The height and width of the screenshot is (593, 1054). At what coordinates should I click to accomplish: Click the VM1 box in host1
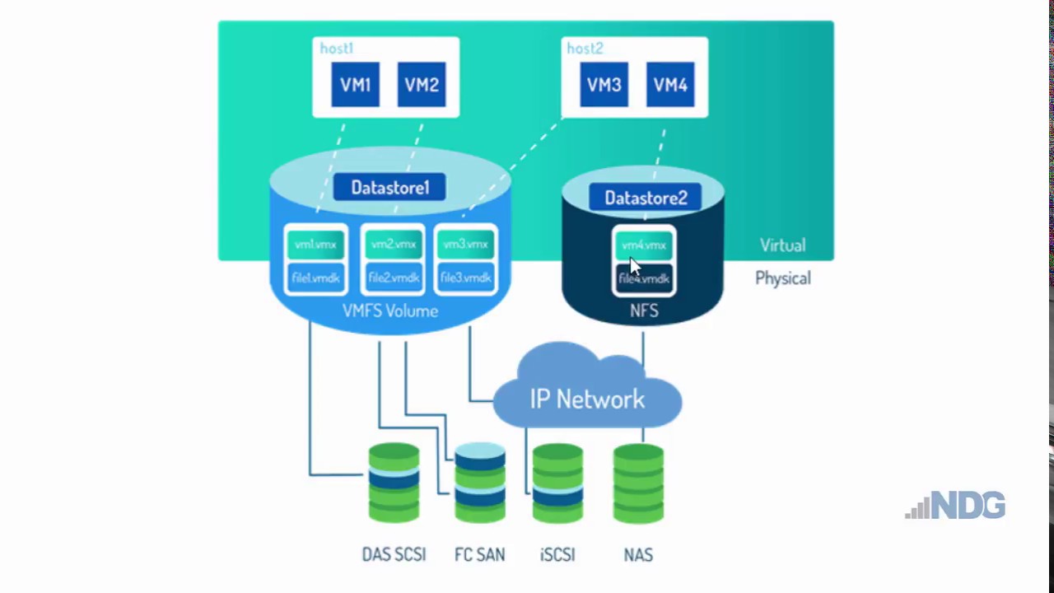coord(355,85)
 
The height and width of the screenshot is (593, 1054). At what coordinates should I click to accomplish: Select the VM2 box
coord(422,85)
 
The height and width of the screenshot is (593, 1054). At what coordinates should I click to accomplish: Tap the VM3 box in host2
coord(604,85)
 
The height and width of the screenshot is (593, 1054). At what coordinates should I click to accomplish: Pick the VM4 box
coord(670,85)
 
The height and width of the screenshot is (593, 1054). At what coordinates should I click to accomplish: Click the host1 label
coord(336,49)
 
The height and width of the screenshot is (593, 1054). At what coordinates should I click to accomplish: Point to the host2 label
coord(585,49)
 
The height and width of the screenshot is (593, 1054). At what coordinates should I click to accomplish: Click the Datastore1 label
coord(389,188)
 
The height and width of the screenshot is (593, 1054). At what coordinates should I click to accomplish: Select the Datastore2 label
coord(646,198)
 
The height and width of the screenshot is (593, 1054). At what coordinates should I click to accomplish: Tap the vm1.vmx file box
coord(315,245)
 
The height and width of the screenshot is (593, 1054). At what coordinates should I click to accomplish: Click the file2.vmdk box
coord(393,278)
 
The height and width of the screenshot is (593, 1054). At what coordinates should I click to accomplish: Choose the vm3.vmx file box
coord(465,245)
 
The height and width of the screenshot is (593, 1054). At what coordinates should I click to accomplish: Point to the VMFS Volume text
coord(390,311)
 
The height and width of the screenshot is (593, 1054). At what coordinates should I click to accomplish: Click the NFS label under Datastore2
coord(644,311)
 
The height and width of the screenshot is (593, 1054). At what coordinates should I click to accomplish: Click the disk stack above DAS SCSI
coord(394,483)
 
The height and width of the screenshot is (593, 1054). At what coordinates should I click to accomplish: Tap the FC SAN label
coord(479,555)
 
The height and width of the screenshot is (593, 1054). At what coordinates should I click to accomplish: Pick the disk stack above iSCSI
coord(557,483)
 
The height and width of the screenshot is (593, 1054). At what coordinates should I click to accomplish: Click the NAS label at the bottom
coord(638,555)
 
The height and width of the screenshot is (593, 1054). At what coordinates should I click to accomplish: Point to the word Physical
coord(782,278)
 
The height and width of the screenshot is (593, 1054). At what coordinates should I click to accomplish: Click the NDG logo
coord(956,505)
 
